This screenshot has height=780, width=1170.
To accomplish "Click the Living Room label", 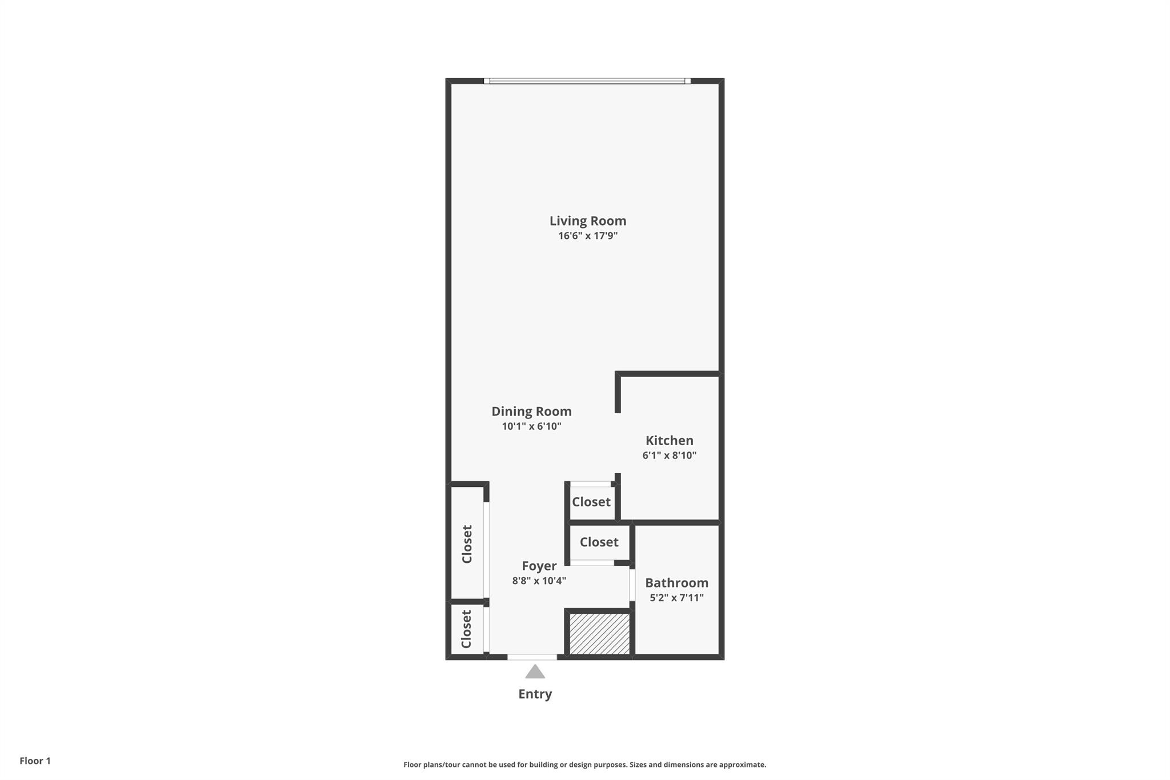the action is tap(588, 221).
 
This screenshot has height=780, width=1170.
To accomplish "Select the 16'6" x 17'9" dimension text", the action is tap(588, 235).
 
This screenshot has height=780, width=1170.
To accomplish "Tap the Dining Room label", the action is tap(531, 411).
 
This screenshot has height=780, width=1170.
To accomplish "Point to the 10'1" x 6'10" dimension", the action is tap(531, 426).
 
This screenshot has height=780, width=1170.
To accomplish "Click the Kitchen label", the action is tap(670, 441).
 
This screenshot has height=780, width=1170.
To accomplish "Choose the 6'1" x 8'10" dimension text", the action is tap(670, 455).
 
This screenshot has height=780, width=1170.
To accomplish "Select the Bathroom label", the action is tap(677, 583).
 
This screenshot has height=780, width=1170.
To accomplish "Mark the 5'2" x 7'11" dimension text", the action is tap(677, 598).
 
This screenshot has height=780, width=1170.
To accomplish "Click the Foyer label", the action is tap(539, 566).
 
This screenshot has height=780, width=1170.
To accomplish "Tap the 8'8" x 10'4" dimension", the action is tap(539, 581).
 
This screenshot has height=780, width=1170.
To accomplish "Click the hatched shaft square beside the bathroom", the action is tap(600, 634).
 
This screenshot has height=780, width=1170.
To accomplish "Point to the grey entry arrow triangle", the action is tap(535, 671).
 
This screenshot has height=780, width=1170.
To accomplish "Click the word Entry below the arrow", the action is tap(535, 694).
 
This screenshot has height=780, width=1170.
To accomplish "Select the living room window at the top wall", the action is tap(587, 81).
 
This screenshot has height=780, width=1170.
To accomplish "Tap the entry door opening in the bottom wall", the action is tap(532, 657).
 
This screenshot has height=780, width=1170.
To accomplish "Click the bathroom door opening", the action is tap(632, 585).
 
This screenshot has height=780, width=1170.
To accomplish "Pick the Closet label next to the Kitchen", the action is tap(591, 502).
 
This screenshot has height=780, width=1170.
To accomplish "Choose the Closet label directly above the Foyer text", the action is tap(599, 542).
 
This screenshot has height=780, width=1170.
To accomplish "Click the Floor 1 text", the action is tap(35, 761).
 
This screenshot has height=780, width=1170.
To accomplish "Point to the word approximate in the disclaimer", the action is tap(742, 765).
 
